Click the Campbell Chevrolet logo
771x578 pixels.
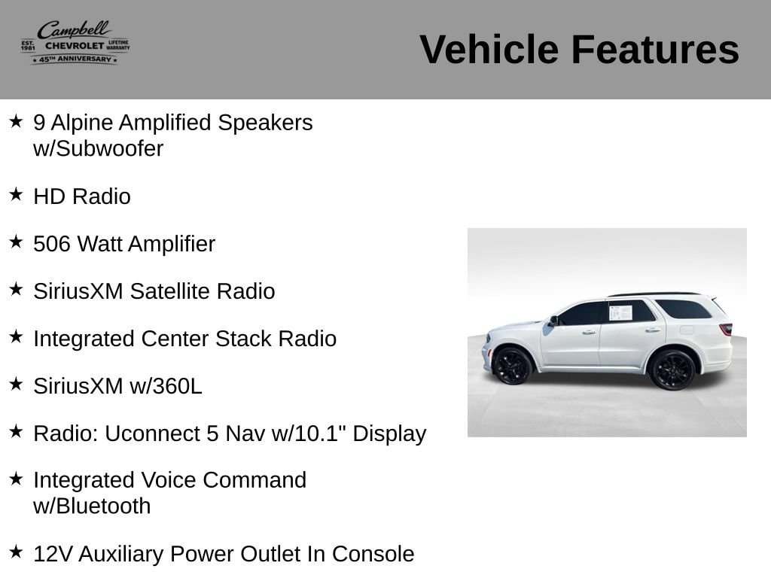(x=75, y=42)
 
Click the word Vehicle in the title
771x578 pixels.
(x=489, y=49)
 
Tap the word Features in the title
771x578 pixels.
(x=655, y=49)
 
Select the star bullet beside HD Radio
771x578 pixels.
(x=16, y=194)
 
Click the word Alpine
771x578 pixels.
(x=81, y=123)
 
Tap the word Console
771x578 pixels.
(x=373, y=554)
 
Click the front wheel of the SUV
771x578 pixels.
(x=512, y=367)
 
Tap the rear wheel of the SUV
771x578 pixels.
(x=672, y=370)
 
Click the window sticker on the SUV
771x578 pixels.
(x=620, y=312)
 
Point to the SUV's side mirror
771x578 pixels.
(x=553, y=321)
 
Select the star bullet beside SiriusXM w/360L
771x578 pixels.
(x=16, y=384)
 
